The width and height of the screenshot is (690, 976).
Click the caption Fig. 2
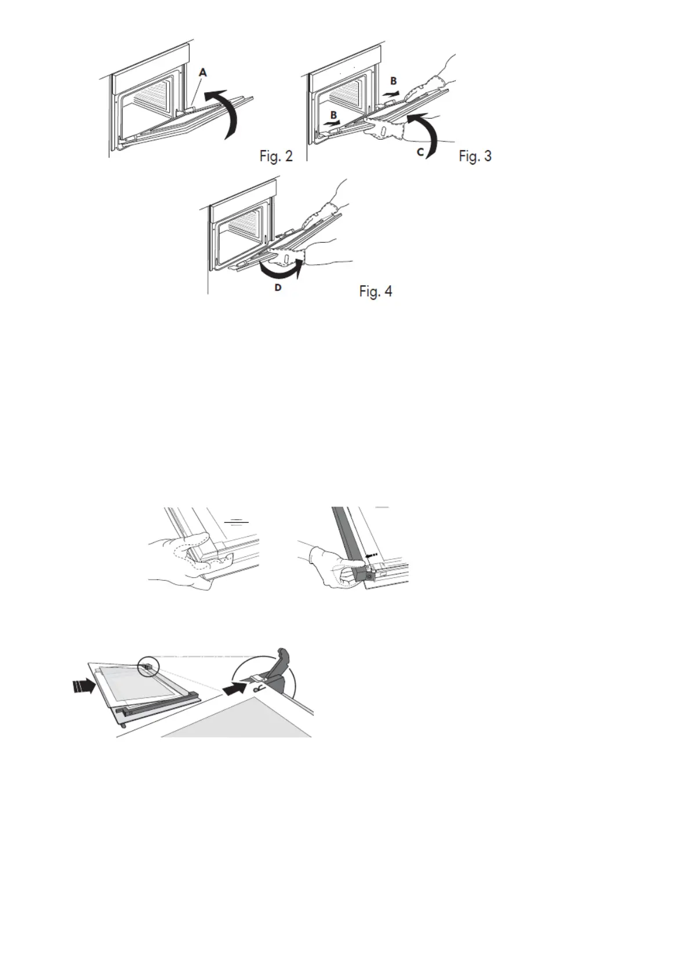(276, 156)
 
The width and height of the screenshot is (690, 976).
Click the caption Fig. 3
(475, 156)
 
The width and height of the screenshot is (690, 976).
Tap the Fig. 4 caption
(376, 291)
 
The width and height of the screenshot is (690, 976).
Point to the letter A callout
(202, 72)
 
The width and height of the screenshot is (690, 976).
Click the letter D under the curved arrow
(278, 287)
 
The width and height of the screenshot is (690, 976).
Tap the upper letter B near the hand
(393, 81)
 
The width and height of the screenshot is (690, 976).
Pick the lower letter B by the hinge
(333, 115)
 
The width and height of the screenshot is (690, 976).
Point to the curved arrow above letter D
(281, 271)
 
